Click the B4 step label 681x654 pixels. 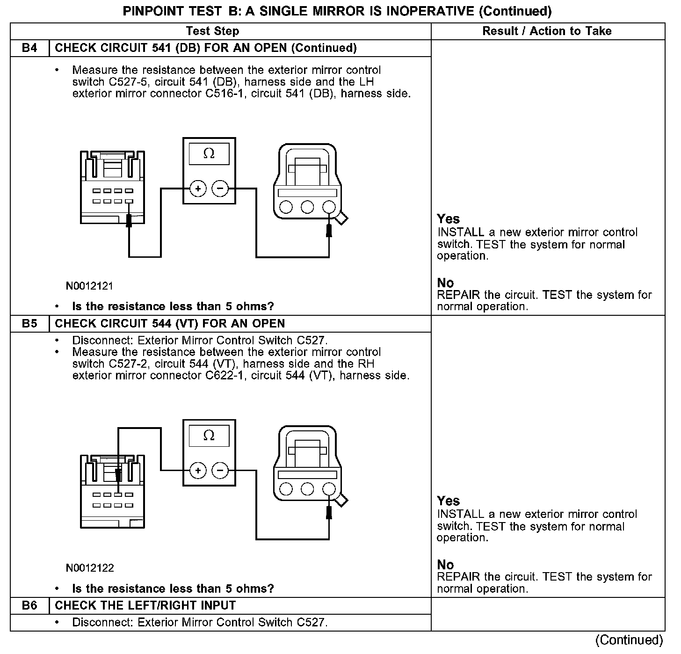(x=29, y=48)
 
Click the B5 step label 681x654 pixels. (x=29, y=324)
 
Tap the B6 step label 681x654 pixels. (x=29, y=605)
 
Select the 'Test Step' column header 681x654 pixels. (x=212, y=31)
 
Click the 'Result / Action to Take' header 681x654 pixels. (x=547, y=31)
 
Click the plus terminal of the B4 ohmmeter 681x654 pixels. (x=198, y=189)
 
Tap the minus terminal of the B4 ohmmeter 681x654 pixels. (x=220, y=189)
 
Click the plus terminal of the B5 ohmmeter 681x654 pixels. (x=198, y=470)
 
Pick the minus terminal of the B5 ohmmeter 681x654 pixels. (x=220, y=470)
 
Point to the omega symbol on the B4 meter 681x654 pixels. (x=209, y=153)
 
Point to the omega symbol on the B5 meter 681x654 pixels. (x=209, y=436)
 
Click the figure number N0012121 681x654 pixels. (x=89, y=286)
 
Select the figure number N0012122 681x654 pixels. (x=90, y=568)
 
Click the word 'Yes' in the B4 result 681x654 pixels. (x=448, y=219)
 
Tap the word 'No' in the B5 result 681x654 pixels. (x=445, y=565)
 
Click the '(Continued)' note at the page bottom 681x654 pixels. (x=630, y=640)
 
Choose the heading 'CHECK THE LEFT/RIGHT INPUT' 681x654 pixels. (x=145, y=605)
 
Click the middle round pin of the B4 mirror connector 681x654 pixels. (x=307, y=207)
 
